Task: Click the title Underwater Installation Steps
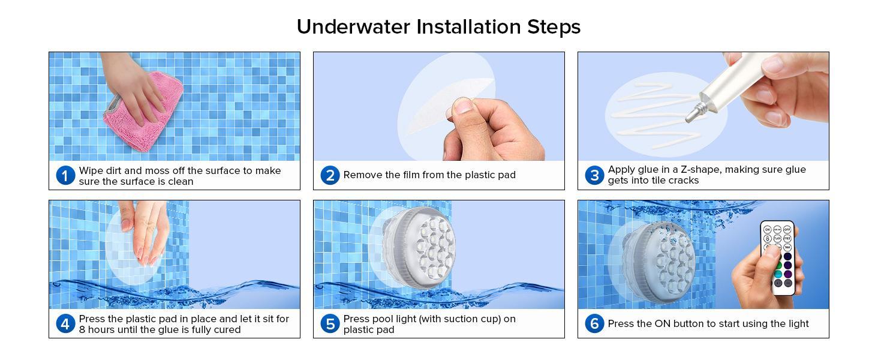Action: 438,27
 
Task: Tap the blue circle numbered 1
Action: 65,176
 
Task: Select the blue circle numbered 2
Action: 330,175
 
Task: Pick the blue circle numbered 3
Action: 594,175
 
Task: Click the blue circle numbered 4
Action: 65,324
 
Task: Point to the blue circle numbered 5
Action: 330,324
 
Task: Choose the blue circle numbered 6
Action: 594,324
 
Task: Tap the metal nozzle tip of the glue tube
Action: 694,110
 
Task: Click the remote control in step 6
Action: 778,258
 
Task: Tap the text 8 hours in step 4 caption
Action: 98,329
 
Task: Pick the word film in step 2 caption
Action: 407,175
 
